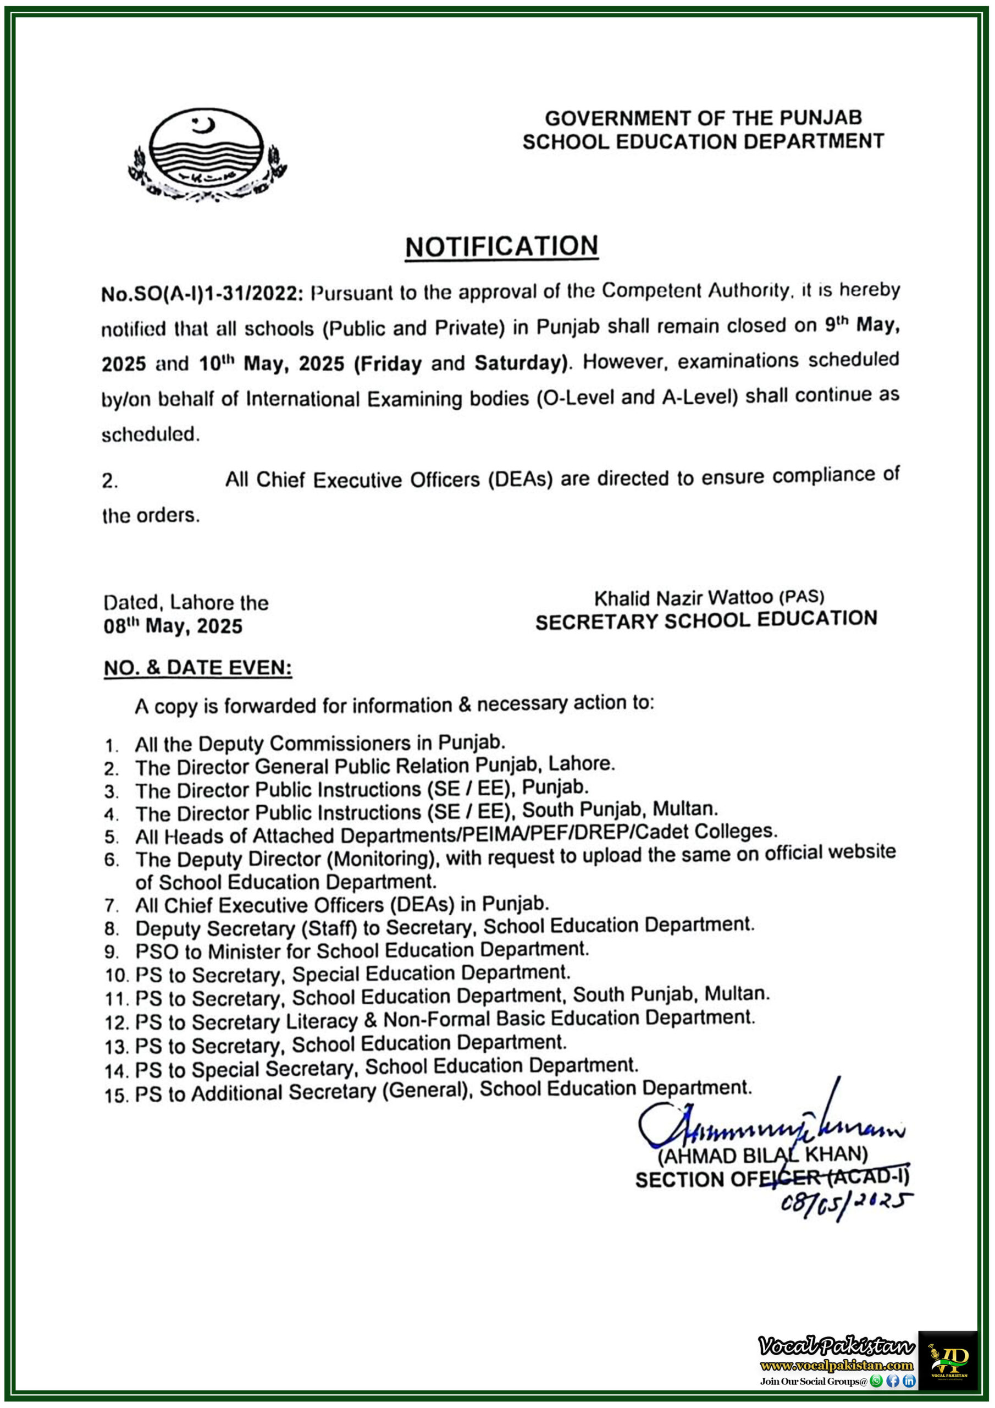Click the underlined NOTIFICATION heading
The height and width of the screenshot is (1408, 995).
(501, 246)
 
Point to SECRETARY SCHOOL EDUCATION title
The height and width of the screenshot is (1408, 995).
(706, 620)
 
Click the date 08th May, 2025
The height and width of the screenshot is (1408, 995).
(173, 626)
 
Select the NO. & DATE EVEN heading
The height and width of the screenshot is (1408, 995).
(198, 668)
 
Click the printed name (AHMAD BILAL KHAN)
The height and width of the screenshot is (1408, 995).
(762, 1156)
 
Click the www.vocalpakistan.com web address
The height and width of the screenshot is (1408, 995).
(836, 1366)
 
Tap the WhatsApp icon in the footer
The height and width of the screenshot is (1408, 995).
(877, 1381)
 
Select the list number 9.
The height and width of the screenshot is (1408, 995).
(111, 953)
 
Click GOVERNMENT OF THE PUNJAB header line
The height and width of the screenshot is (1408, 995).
(703, 118)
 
